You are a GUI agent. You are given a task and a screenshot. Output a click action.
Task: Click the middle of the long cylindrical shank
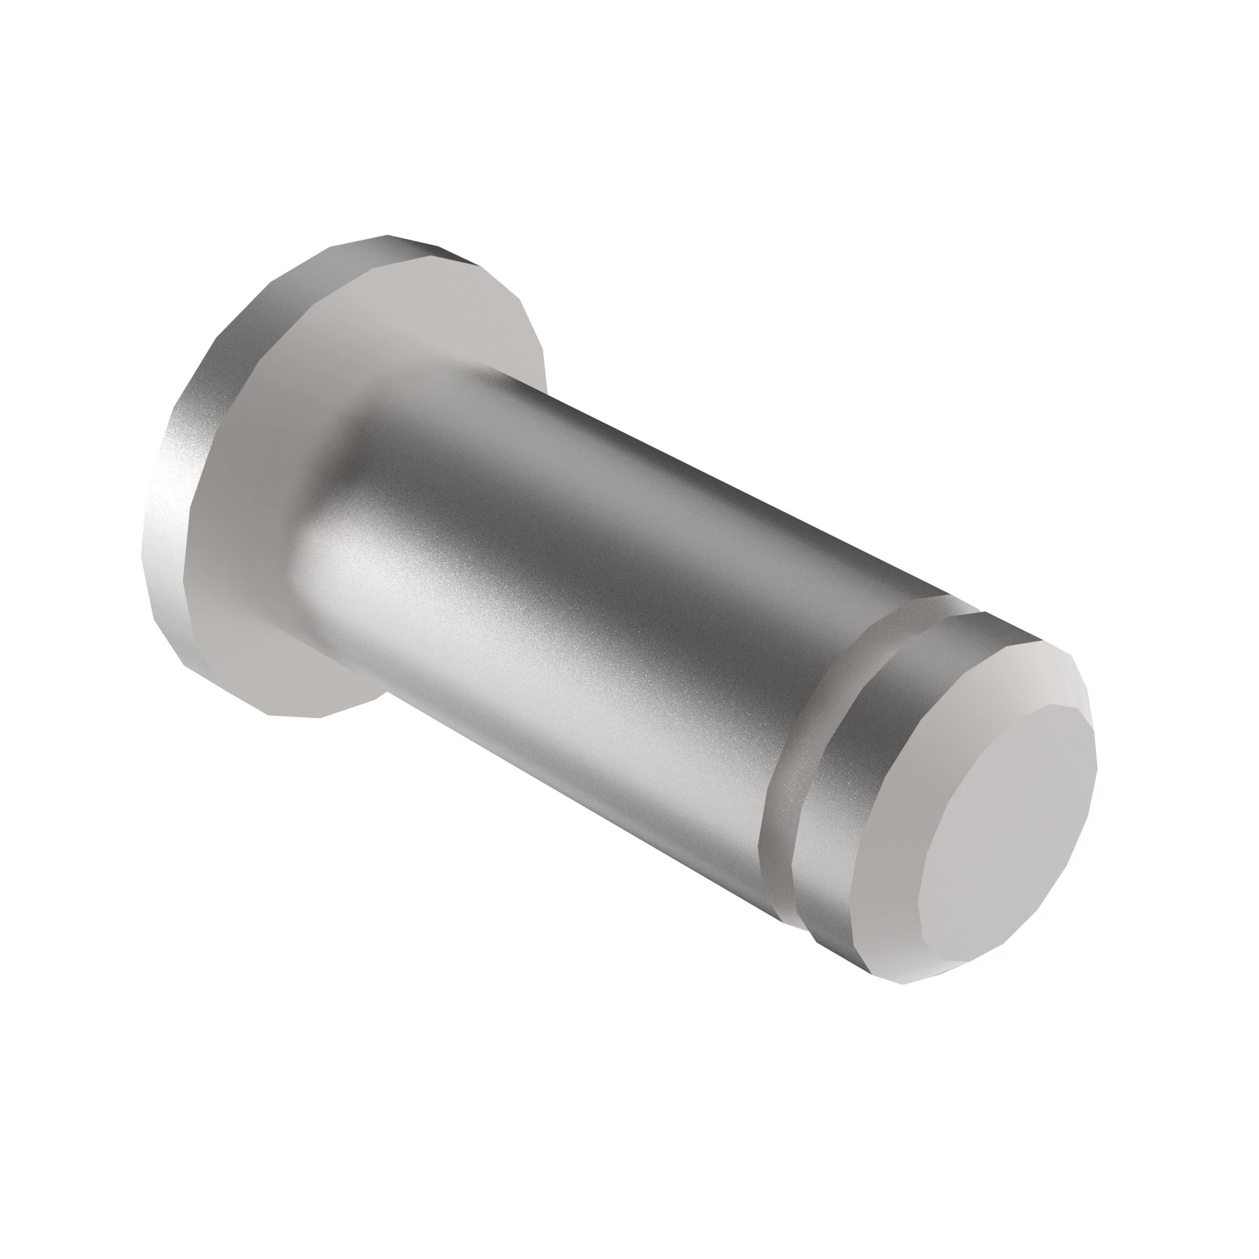pyautogui.click(x=587, y=587)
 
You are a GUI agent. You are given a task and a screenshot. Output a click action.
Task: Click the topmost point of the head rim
pyautogui.click(x=388, y=235)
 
